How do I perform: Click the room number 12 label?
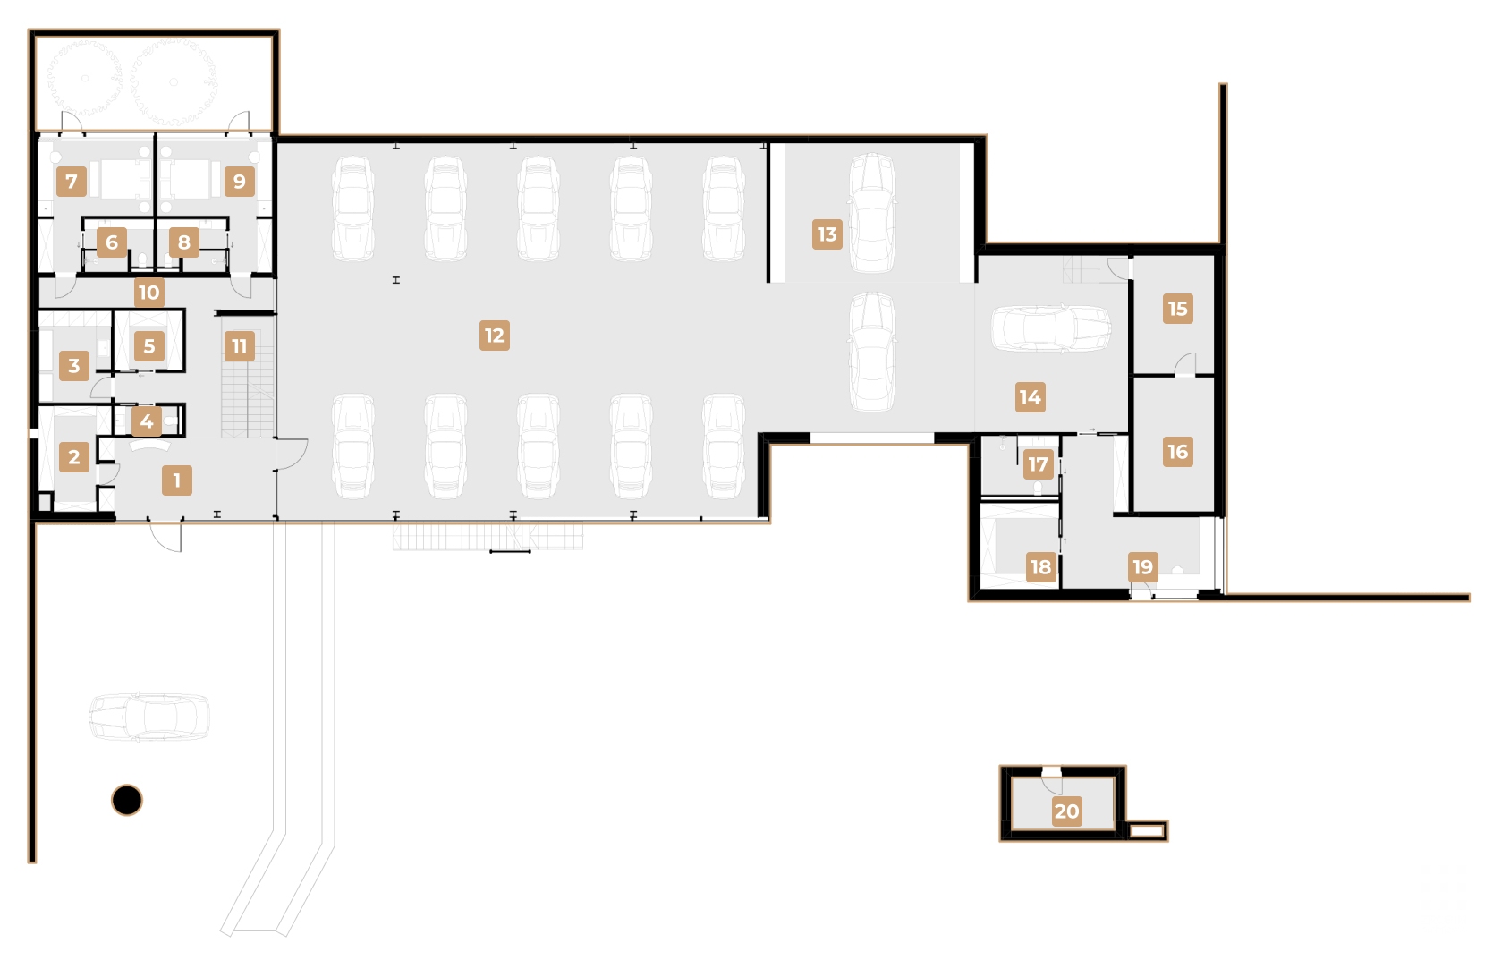[x=495, y=336]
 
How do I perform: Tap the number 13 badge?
[x=827, y=234]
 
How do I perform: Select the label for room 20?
[x=1066, y=811]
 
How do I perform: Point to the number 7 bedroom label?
[x=72, y=181]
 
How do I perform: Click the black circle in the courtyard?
[x=127, y=800]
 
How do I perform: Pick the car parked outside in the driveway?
[x=149, y=718]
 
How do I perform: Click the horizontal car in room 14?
[x=1051, y=328]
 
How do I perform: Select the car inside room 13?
[x=872, y=213]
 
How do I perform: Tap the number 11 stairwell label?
[x=239, y=346]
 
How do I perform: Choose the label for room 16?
[x=1178, y=451]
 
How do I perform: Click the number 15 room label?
[x=1178, y=309]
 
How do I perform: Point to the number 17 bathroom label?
[x=1039, y=464]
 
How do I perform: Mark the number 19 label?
[x=1143, y=566]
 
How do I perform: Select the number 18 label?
[x=1041, y=566]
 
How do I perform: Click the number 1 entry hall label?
[x=176, y=480]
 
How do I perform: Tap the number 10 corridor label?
[x=148, y=292]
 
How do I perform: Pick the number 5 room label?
[x=149, y=346]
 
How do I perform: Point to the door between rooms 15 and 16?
[x=1186, y=365]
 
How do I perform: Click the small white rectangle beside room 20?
[x=1147, y=830]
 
